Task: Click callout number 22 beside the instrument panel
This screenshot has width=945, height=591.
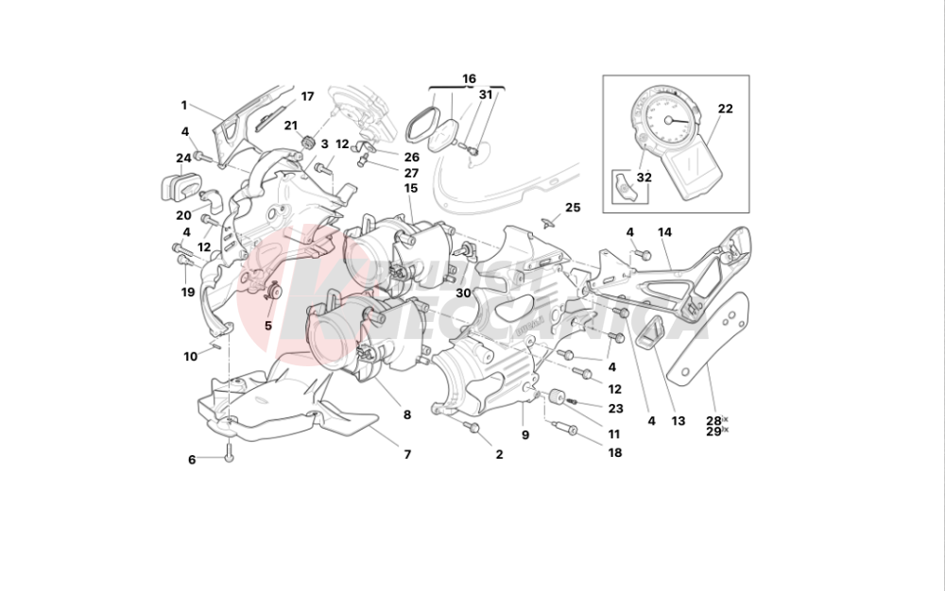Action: tap(725, 109)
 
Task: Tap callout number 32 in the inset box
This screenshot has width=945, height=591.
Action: tap(644, 177)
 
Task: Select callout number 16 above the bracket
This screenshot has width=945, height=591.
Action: tap(469, 78)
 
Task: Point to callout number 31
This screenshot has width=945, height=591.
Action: tap(486, 94)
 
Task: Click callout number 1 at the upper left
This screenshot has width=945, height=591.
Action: tap(185, 105)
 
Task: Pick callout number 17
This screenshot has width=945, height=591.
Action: tap(307, 96)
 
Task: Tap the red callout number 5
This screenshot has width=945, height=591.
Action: tap(267, 326)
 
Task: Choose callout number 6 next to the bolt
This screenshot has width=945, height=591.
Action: tap(192, 460)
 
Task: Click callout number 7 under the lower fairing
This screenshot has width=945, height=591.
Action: tap(408, 454)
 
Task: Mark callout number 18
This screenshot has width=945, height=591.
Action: tap(614, 453)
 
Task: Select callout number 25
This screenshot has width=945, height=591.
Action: tap(573, 207)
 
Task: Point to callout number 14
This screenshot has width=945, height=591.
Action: tap(664, 232)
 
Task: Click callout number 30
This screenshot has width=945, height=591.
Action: tap(463, 294)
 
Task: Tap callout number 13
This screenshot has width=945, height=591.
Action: tap(677, 421)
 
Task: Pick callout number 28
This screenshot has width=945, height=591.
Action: tap(713, 420)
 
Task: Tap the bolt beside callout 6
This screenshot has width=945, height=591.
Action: tap(229, 452)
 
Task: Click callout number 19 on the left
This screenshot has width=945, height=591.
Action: tap(188, 292)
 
